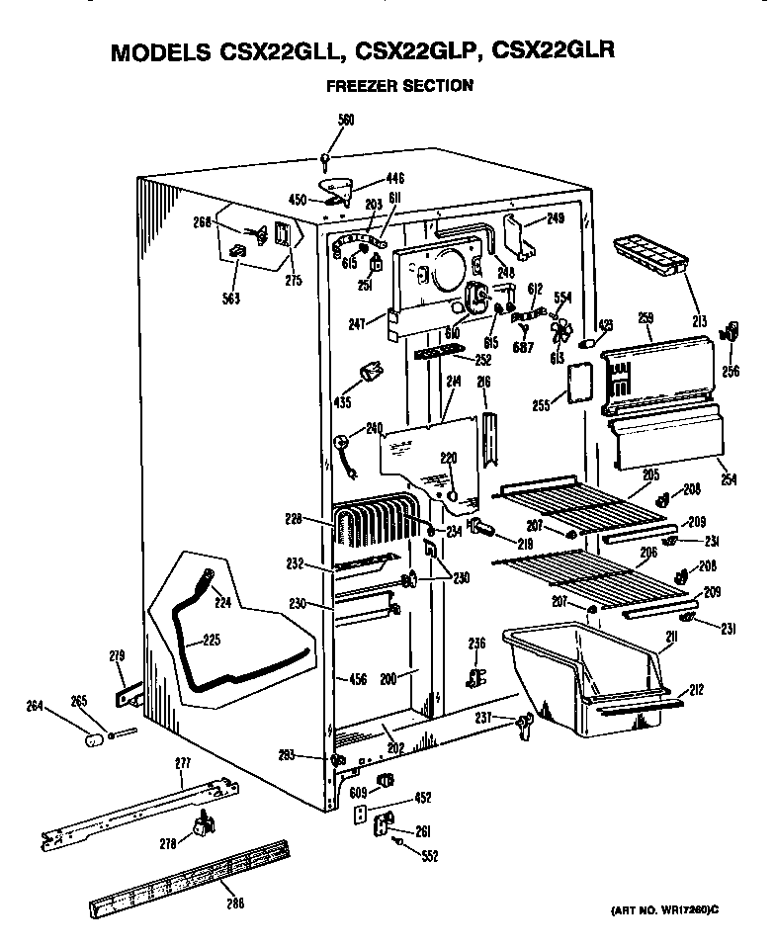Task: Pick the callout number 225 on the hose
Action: pyautogui.click(x=211, y=640)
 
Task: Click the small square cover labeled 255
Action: pyautogui.click(x=575, y=383)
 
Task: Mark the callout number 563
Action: pyautogui.click(x=231, y=298)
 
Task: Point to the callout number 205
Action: pyautogui.click(x=649, y=474)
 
